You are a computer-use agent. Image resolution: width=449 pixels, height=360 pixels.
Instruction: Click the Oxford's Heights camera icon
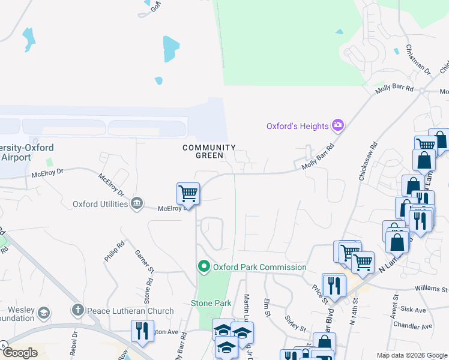tap(339, 125)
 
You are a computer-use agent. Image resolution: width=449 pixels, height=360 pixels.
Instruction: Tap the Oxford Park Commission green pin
tap(203, 266)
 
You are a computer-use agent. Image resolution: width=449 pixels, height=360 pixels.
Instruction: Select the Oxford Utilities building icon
tap(137, 203)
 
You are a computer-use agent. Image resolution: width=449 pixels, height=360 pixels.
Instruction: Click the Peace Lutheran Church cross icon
tap(77, 310)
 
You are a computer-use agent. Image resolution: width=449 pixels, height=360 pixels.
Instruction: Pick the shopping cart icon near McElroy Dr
tap(188, 194)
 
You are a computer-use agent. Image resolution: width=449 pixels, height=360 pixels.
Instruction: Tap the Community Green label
tap(209, 151)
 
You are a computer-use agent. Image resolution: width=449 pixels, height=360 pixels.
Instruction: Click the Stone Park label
tap(211, 304)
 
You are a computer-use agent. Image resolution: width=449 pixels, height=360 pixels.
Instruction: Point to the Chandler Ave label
tap(412, 326)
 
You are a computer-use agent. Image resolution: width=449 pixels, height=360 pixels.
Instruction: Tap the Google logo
tap(20, 353)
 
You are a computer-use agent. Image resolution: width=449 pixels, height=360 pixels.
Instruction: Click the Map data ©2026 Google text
tap(411, 355)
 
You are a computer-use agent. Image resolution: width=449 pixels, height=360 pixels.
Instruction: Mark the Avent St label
tap(396, 305)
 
